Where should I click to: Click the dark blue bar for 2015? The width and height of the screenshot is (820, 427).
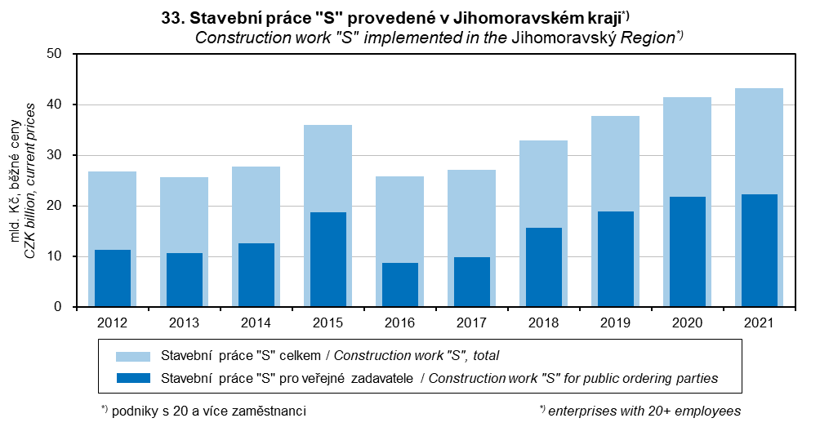[x=328, y=260]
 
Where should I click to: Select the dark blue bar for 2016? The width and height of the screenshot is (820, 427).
[x=399, y=285]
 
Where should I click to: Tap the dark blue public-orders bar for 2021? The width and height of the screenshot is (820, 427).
[x=759, y=251]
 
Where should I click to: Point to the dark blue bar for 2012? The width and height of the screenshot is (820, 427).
[x=112, y=278]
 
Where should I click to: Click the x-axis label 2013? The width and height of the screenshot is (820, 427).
[x=184, y=322]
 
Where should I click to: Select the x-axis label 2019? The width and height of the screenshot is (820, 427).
[x=615, y=322]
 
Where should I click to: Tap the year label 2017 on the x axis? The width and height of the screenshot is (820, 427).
[x=471, y=322]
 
